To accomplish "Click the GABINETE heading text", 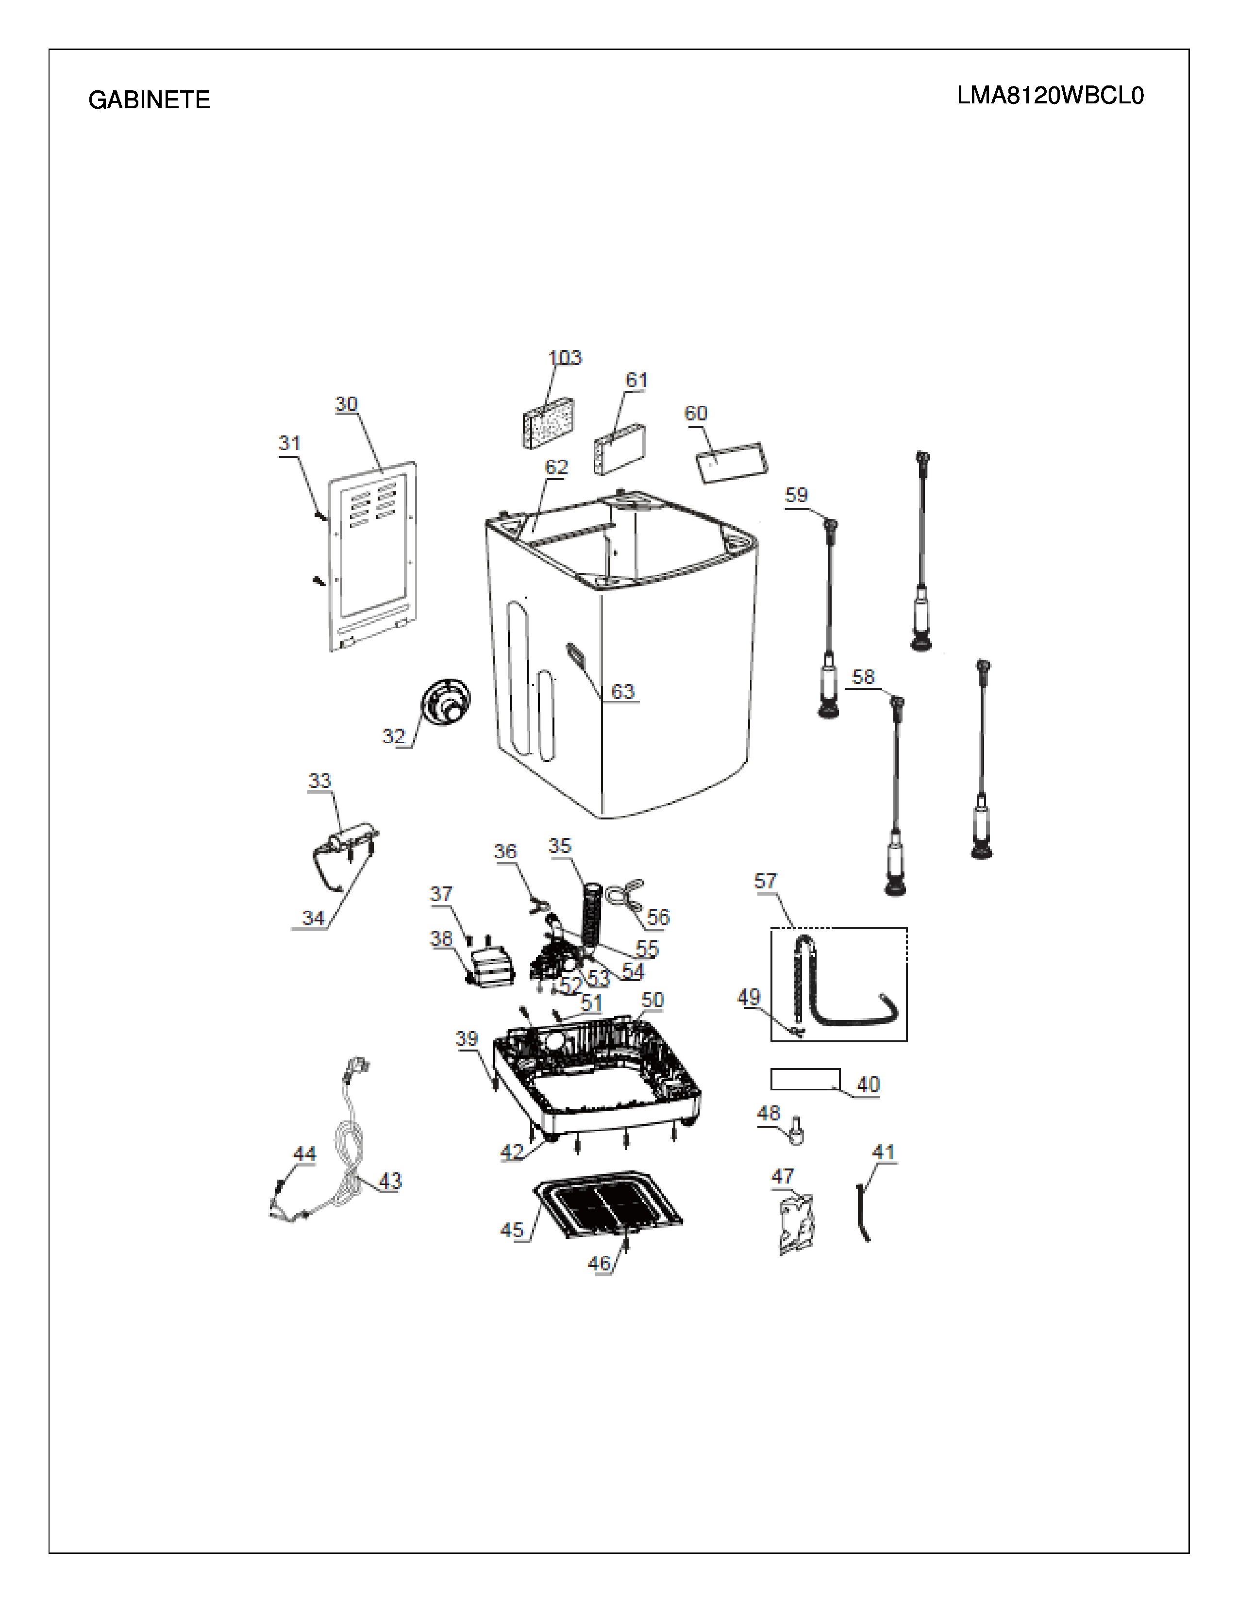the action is pyautogui.click(x=149, y=100).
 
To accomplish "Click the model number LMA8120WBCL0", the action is pyautogui.click(x=1050, y=96).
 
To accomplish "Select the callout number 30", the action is pyautogui.click(x=346, y=404).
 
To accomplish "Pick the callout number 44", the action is pyautogui.click(x=304, y=1154).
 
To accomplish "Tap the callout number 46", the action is pyautogui.click(x=599, y=1263).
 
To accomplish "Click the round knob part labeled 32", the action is pyautogui.click(x=445, y=703).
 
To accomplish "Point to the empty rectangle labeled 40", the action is pyautogui.click(x=805, y=1079).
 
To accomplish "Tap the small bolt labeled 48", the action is pyautogui.click(x=795, y=1132).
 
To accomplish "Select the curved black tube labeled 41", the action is pyautogui.click(x=863, y=1211).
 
